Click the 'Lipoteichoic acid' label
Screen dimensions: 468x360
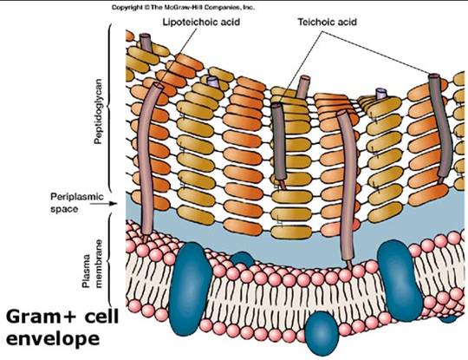(x=201, y=22)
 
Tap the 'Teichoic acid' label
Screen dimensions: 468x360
(x=327, y=22)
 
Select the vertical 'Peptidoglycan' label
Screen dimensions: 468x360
(x=98, y=111)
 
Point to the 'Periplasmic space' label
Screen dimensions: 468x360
(x=77, y=203)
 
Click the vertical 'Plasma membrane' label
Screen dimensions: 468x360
(x=92, y=264)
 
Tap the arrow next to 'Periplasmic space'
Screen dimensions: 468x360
(x=103, y=204)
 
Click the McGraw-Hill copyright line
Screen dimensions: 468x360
(x=183, y=8)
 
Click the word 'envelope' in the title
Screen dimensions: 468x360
(x=53, y=339)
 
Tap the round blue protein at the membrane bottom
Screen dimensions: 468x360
(x=322, y=333)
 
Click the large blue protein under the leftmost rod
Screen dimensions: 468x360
(x=190, y=288)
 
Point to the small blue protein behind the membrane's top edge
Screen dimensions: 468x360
(x=242, y=259)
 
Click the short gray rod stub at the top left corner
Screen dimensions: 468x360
(x=146, y=42)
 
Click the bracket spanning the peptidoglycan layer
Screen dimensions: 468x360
(x=108, y=108)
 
